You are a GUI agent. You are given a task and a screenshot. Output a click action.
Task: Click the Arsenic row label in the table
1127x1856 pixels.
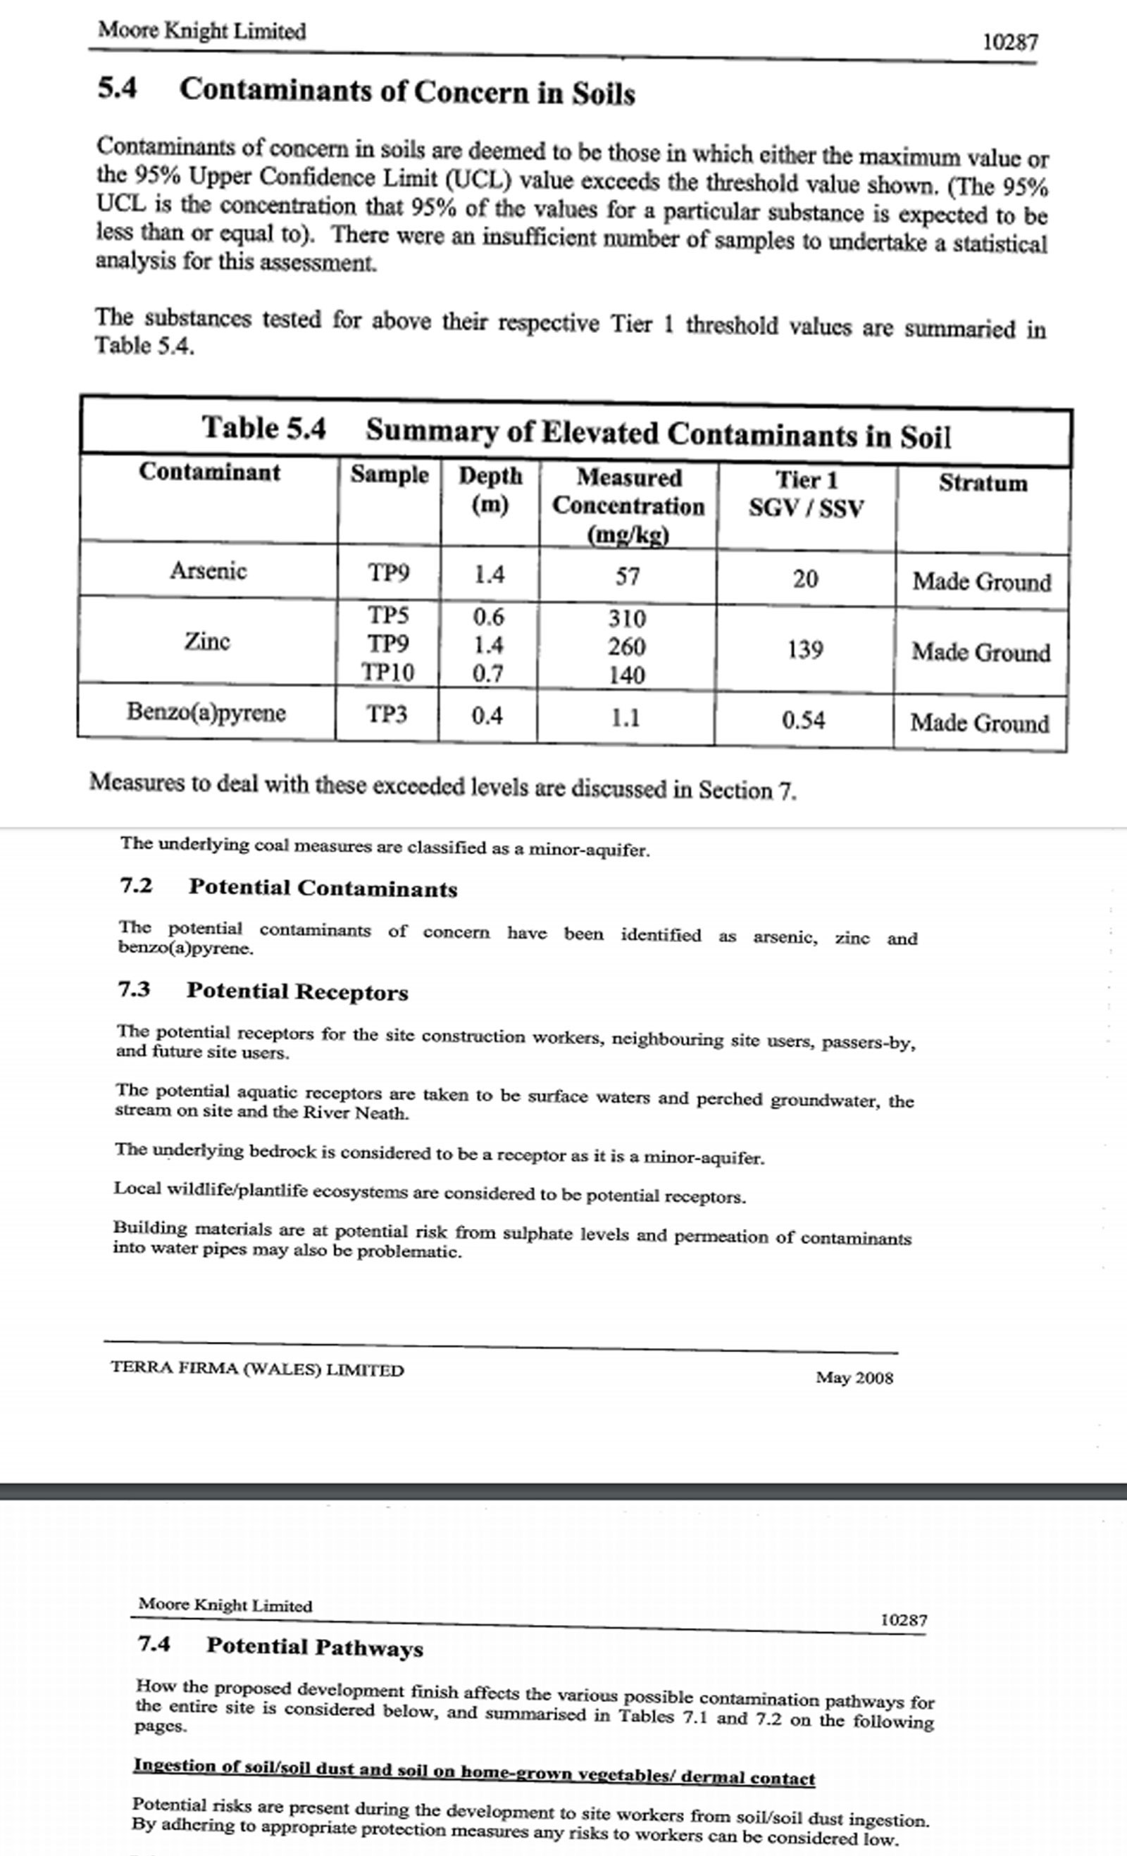(208, 570)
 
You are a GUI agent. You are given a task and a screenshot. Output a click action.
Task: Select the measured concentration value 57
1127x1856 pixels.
(628, 576)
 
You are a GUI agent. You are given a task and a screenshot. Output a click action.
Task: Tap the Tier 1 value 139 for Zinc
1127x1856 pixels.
(804, 649)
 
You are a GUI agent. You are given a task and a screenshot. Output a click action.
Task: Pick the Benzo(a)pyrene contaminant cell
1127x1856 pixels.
(206, 712)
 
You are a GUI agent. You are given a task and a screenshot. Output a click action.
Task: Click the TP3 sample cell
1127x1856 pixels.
(387, 713)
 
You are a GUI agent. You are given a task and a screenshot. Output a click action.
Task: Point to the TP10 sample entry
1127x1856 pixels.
(387, 672)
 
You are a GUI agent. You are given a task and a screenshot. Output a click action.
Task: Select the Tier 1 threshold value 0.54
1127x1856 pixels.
(803, 720)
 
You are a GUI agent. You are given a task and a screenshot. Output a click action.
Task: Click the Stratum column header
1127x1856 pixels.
(983, 483)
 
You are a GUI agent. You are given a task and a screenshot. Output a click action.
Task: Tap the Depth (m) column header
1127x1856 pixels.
(490, 489)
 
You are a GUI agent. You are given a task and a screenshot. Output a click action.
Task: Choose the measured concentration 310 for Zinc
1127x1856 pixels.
(627, 618)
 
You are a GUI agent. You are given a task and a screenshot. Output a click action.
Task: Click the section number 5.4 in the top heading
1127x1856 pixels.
(118, 88)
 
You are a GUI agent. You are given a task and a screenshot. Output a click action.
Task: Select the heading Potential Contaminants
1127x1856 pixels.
(323, 888)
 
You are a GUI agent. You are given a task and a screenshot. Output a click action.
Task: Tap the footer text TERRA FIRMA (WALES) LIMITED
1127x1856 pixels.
(257, 1369)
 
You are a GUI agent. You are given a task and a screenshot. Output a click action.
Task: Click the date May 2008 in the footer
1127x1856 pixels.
(854, 1378)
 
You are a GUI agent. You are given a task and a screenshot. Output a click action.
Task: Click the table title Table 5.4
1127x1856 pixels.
(263, 428)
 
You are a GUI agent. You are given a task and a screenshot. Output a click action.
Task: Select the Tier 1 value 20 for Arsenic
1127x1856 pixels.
(804, 579)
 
